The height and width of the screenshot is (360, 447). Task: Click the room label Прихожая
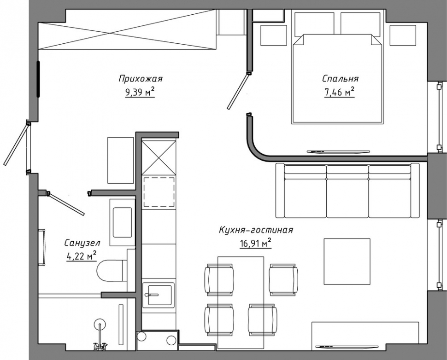(x=140, y=79)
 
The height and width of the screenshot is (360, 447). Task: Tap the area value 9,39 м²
(x=140, y=92)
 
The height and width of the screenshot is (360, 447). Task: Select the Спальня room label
(x=341, y=79)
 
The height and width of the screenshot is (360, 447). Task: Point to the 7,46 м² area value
(x=339, y=92)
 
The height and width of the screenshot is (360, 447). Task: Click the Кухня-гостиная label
(x=256, y=230)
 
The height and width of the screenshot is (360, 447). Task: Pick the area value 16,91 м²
(x=255, y=244)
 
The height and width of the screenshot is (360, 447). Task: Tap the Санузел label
(x=82, y=243)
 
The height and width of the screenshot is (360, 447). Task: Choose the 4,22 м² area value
(x=81, y=256)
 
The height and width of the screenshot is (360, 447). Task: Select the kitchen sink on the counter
(x=158, y=295)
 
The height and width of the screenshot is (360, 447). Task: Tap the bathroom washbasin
(x=123, y=222)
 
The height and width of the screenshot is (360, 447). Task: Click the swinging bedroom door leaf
(x=238, y=91)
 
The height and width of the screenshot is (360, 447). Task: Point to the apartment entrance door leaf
(x=16, y=145)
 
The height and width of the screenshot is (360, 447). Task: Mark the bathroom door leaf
(x=66, y=203)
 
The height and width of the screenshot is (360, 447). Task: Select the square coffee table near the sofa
(x=347, y=261)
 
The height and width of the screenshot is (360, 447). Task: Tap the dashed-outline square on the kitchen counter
(x=159, y=192)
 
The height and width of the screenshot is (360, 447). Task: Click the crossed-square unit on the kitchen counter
(x=159, y=157)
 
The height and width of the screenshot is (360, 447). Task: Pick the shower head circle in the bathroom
(x=100, y=324)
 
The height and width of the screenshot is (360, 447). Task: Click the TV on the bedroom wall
(x=338, y=151)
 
